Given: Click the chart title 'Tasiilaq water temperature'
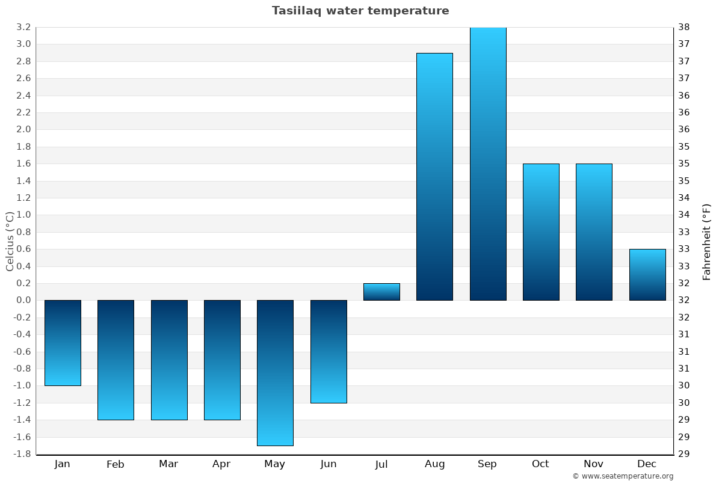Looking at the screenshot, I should click(360, 11).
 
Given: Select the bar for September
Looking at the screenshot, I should click(488, 164).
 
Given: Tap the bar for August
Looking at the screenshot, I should click(434, 177).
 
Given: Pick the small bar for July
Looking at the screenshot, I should click(381, 292).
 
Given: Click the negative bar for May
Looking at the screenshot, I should click(275, 373).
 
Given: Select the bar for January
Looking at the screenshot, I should click(63, 343).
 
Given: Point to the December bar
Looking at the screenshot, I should click(647, 275).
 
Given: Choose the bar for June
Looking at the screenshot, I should click(329, 352).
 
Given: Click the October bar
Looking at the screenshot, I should click(541, 232).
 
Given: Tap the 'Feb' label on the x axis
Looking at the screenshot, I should click(115, 464).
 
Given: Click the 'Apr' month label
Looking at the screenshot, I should click(221, 464).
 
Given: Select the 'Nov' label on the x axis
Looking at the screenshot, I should click(594, 464).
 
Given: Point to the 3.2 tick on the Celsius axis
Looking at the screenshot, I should click(23, 27).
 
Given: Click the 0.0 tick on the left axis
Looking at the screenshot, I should click(23, 300).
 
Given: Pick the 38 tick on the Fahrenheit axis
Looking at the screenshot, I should click(683, 27).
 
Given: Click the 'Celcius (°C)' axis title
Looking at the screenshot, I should click(10, 240).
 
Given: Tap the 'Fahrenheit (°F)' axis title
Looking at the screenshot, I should click(706, 241).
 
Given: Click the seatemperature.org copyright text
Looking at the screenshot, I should click(623, 476).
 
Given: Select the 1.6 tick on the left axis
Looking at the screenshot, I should click(23, 164).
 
